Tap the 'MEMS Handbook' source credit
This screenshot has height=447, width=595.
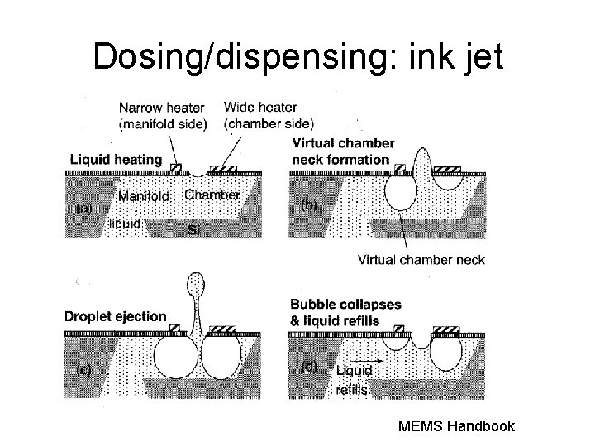(456, 427)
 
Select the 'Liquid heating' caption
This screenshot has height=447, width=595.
(116, 160)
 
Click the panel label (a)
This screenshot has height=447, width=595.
(83, 209)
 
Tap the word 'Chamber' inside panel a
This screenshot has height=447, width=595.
(212, 195)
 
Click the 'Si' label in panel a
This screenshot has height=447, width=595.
(194, 229)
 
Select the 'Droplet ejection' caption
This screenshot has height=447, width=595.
(115, 316)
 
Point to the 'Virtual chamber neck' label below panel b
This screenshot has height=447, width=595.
(421, 260)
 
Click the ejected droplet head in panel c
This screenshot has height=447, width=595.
(196, 284)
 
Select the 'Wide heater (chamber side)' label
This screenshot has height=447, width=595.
(268, 115)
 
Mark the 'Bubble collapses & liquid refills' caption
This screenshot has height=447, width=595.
(345, 311)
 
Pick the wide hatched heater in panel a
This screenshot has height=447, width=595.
(223, 170)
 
